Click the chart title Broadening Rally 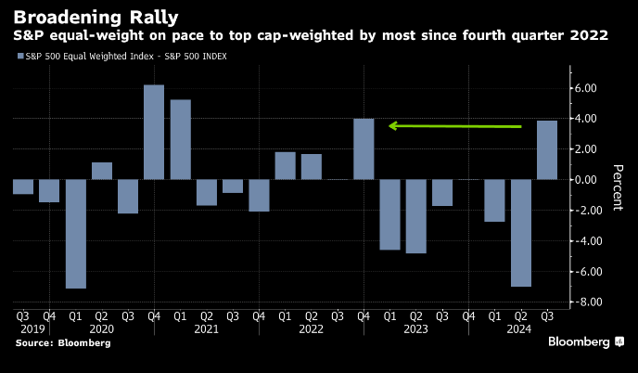tap(83, 16)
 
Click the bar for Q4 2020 tap(154, 132)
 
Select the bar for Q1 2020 tap(75, 234)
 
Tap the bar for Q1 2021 tap(180, 139)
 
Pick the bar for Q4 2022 tap(364, 148)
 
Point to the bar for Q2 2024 tap(521, 233)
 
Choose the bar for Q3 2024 tap(547, 149)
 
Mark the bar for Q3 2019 tap(23, 186)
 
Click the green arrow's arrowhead tap(393, 125)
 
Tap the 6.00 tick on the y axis tap(588, 88)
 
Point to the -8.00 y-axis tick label tap(586, 302)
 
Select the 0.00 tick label tap(588, 180)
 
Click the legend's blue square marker tap(19, 57)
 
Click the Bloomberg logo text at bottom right tap(580, 342)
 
